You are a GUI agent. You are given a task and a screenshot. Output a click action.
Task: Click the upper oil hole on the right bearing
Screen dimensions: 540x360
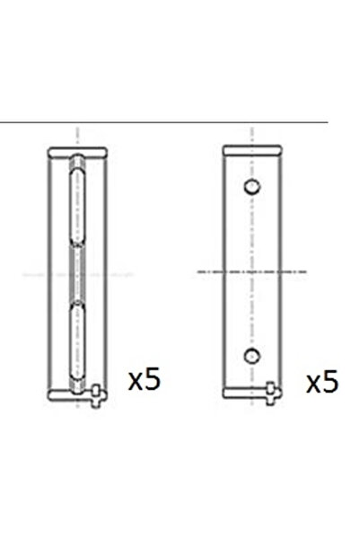[252, 187]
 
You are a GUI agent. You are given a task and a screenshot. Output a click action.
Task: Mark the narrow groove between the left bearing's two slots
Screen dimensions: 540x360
[78, 270]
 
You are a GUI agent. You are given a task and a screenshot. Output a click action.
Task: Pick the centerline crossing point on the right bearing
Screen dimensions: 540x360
[252, 270]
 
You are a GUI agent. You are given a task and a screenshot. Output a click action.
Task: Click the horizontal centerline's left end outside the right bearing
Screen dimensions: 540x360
[202, 270]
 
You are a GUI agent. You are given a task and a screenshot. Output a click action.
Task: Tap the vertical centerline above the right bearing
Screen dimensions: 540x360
[252, 133]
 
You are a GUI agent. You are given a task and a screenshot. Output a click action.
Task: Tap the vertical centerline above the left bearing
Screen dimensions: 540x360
[78, 133]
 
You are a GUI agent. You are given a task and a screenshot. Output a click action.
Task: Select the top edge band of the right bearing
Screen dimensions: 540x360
[252, 147]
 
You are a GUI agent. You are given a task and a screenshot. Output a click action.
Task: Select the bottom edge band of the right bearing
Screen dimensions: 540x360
[252, 394]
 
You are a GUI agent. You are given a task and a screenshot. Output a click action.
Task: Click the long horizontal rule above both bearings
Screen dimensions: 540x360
[162, 123]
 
